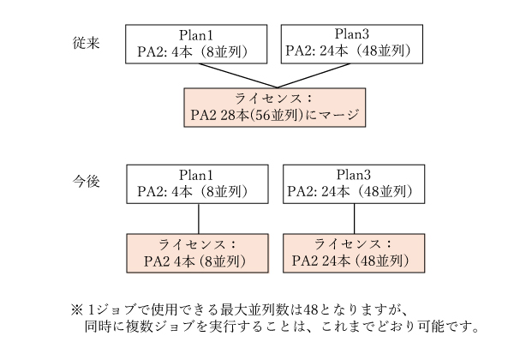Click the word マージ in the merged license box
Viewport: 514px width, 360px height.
(337, 113)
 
